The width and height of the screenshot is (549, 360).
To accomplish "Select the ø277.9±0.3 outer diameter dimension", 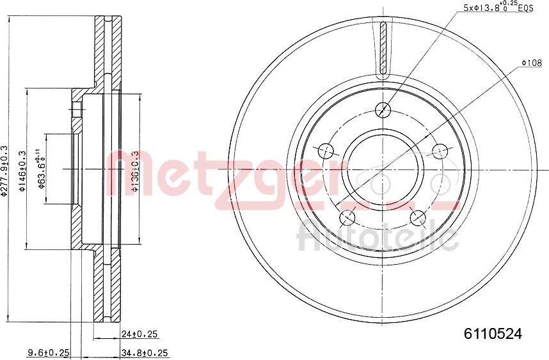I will click(5, 171).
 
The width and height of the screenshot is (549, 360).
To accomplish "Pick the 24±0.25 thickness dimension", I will click(140, 334).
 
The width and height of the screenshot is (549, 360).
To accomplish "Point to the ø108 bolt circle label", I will click(532, 63).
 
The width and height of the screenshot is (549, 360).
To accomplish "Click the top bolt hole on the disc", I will click(383, 109).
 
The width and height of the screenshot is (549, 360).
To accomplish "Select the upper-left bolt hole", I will click(326, 151).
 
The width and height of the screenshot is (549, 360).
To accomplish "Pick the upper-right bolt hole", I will click(440, 151).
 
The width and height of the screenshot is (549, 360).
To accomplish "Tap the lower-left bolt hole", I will click(348, 217).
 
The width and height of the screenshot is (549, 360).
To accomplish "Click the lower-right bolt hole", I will click(418, 217).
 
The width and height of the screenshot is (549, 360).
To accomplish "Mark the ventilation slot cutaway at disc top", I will click(383, 49).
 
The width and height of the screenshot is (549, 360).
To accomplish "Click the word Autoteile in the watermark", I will click(378, 237).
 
